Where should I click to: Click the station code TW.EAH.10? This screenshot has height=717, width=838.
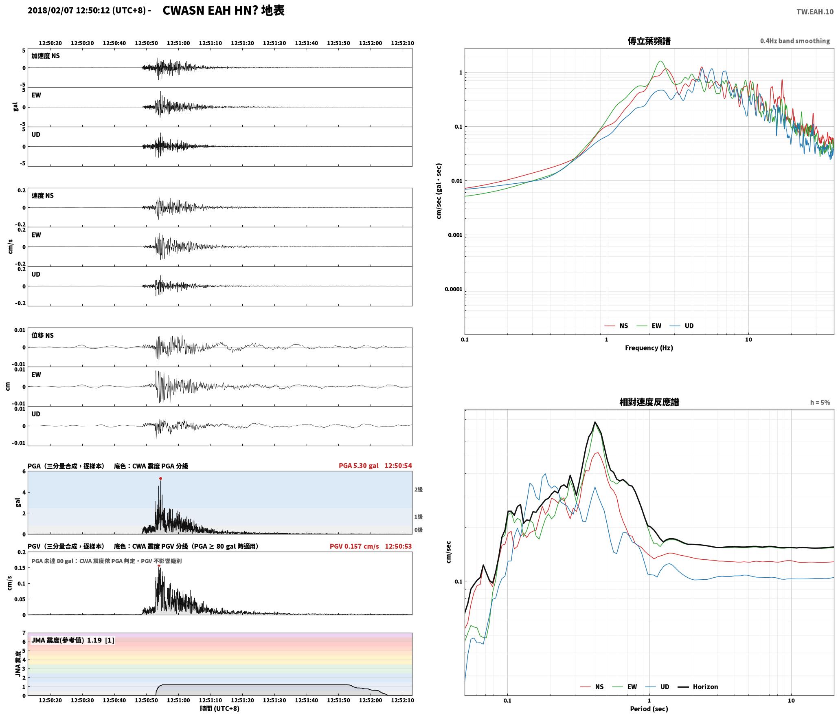pos(815,12)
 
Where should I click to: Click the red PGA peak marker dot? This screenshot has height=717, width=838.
pos(160,478)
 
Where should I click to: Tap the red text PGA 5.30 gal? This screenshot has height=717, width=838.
pos(358,466)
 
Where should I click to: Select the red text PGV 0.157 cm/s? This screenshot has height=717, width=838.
pos(354,546)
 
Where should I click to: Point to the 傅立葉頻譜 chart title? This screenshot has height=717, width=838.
pos(649,41)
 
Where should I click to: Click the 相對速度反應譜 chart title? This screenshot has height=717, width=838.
pos(649,402)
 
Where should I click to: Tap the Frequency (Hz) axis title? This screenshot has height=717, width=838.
pos(649,348)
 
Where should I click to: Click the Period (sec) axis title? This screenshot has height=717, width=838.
pos(649,709)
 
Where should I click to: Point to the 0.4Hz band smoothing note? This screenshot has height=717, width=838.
pos(795,41)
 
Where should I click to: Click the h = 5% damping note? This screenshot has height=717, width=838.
pos(820,402)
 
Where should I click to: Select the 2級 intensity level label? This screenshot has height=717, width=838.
pos(419,489)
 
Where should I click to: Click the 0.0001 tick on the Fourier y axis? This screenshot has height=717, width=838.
pos(453,289)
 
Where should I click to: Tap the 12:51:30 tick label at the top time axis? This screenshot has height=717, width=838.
pos(274,43)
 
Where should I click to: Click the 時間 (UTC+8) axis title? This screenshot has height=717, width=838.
pos(220,708)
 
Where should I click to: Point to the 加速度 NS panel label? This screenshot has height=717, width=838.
pos(46,56)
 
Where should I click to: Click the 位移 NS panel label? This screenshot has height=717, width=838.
pos(43,335)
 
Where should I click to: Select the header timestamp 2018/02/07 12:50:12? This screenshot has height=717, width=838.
pos(69,11)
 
